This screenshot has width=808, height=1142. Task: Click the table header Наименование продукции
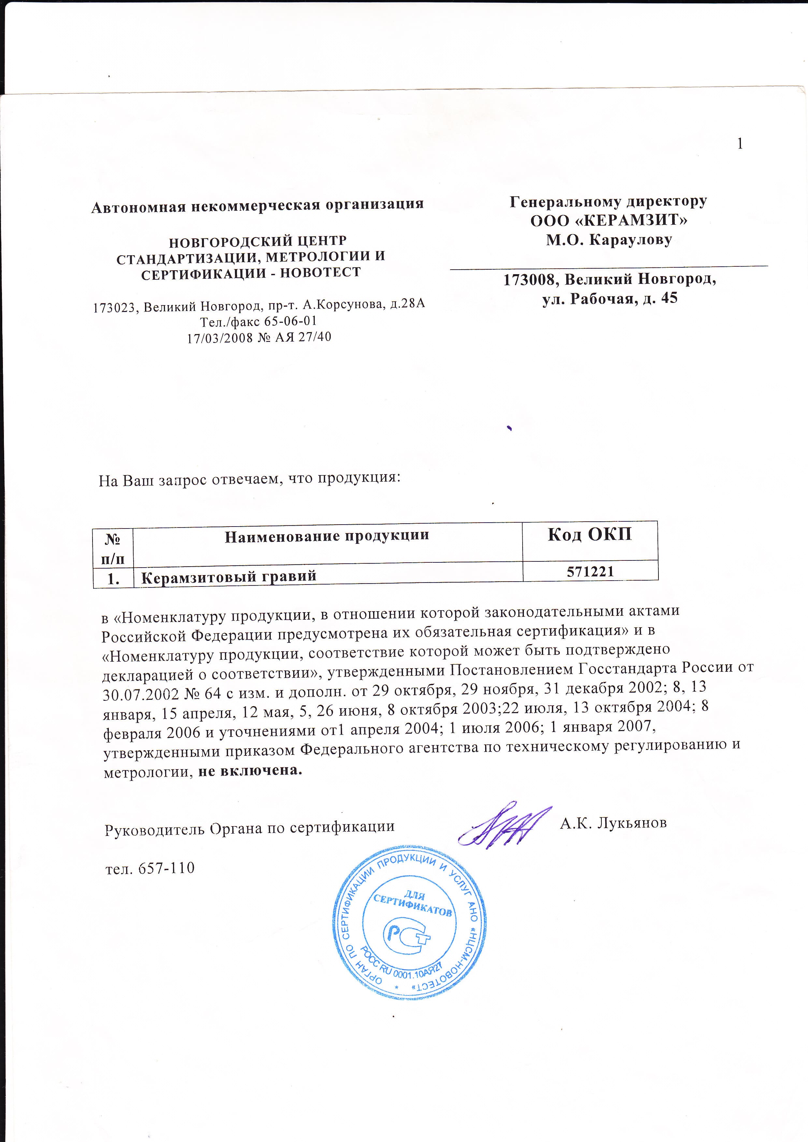click(327, 536)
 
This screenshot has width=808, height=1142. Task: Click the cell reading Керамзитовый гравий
click(229, 576)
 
